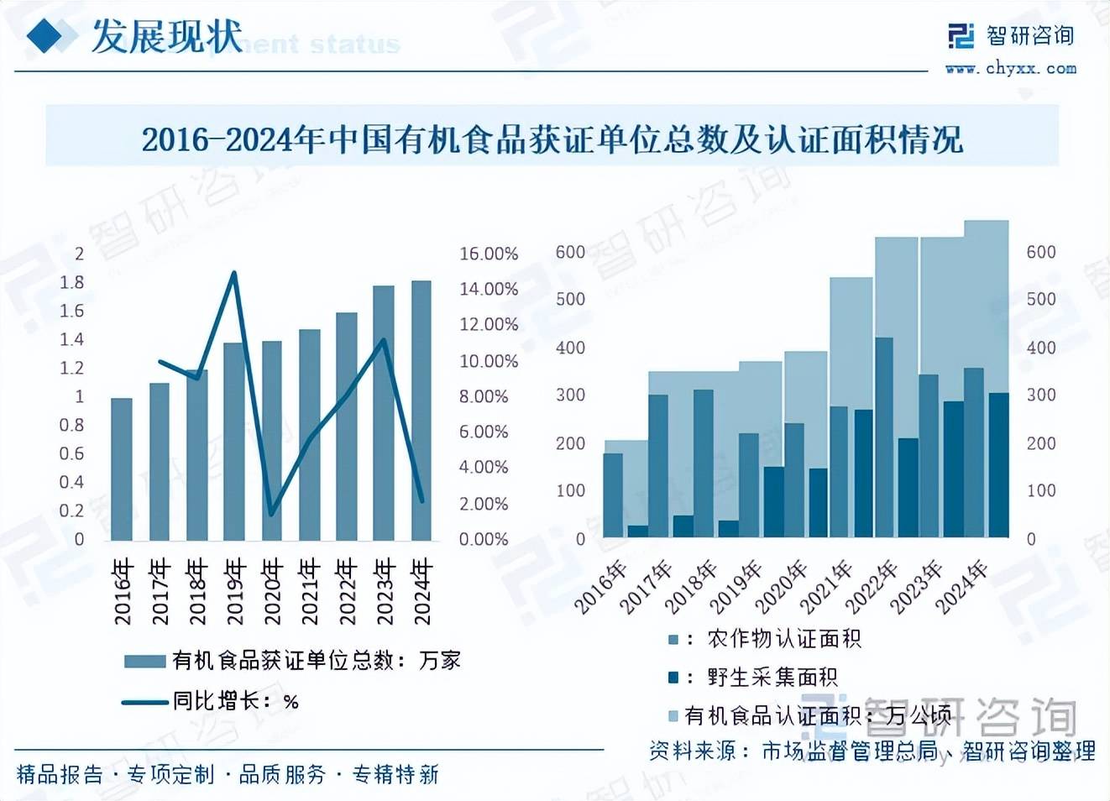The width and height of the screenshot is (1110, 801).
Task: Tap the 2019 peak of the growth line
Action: tap(234, 273)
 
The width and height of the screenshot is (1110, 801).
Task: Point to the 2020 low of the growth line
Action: tap(271, 514)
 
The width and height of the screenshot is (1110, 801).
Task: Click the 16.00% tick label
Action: tap(488, 254)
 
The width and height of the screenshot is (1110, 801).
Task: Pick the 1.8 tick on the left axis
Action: tap(72, 282)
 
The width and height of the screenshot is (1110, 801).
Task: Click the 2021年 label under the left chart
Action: tap(309, 591)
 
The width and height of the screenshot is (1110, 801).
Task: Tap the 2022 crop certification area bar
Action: tap(884, 437)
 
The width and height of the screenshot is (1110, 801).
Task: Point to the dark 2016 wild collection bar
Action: tap(638, 531)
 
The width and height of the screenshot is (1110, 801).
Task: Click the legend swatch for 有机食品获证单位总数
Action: tap(144, 662)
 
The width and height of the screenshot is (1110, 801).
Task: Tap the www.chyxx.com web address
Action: tap(1010, 69)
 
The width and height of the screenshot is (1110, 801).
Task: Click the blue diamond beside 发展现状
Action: tap(47, 36)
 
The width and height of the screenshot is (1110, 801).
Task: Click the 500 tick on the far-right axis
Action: tap(1041, 299)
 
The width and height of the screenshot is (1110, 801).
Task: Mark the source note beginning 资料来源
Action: tap(872, 750)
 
